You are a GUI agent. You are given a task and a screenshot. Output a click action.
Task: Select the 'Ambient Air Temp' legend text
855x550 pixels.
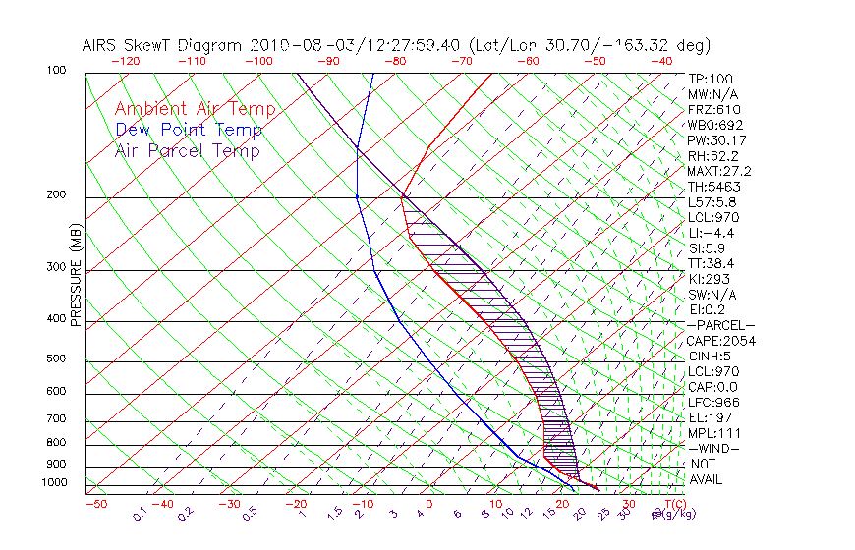[196, 110]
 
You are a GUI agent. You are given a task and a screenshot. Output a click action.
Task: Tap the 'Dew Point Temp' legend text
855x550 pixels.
[189, 131]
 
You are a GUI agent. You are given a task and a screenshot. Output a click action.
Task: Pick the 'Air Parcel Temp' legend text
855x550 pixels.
[188, 151]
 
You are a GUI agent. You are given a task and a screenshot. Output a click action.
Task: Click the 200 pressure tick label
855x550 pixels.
[56, 195]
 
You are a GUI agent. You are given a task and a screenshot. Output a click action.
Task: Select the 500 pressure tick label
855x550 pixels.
[56, 359]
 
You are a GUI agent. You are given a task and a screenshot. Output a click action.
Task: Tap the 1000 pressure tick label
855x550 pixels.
[54, 483]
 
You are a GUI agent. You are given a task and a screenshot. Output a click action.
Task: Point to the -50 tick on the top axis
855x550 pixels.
[595, 61]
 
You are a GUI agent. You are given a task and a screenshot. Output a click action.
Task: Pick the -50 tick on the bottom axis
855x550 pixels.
[95, 504]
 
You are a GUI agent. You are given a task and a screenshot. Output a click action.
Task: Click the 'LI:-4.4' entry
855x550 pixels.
[712, 233]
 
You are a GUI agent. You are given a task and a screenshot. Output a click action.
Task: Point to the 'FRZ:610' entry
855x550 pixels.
[714, 110]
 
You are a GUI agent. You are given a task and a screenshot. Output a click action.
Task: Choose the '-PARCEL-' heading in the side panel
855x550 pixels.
[721, 325]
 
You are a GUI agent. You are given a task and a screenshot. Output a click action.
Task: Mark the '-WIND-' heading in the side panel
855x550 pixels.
[714, 448]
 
